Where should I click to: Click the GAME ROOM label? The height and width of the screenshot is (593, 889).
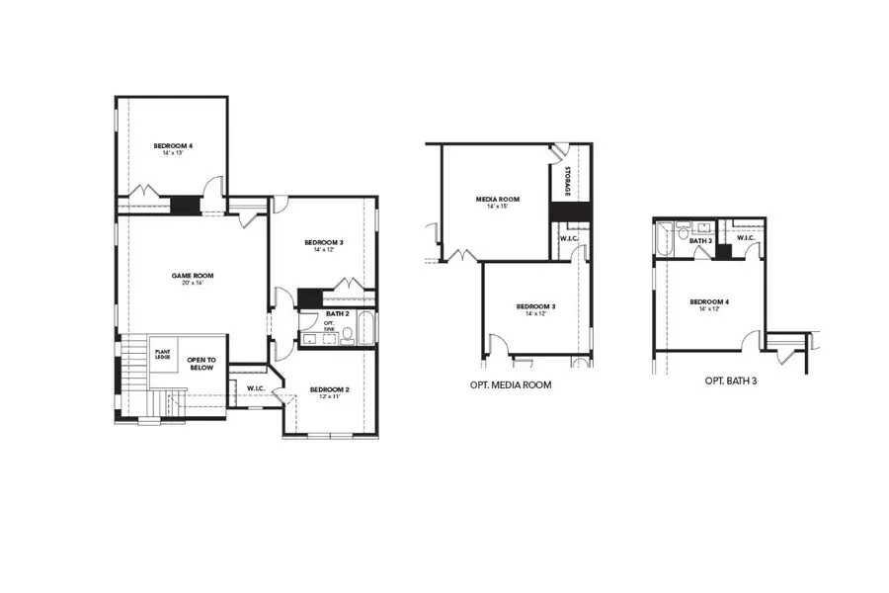(192, 276)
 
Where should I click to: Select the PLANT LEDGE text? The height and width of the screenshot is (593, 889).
(161, 353)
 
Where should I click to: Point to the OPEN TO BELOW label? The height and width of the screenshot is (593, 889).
(202, 364)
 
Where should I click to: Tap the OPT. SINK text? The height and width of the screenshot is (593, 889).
(330, 326)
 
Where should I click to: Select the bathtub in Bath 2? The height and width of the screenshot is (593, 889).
(366, 328)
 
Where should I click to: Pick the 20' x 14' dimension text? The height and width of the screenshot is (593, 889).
(192, 284)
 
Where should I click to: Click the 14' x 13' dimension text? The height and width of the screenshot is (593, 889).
(173, 154)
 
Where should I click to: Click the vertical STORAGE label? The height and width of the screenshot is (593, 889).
(569, 183)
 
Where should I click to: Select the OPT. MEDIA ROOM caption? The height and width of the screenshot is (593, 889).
(511, 384)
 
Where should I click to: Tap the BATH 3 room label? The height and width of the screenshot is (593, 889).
(700, 241)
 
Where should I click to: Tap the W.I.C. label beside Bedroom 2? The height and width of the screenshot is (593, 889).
(254, 387)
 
